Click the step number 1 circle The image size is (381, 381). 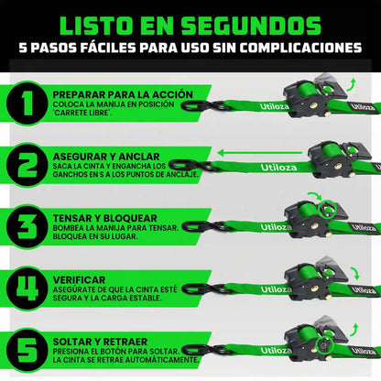tap(27, 103)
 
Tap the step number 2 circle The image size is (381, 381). tap(27, 165)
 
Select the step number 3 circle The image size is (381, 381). tap(27, 227)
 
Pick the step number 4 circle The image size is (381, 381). tap(27, 288)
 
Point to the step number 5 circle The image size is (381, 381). tap(27, 350)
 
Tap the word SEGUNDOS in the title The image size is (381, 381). tap(251, 26)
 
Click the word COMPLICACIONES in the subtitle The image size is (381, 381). tap(300, 48)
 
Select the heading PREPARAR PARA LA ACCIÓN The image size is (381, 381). tap(123, 94)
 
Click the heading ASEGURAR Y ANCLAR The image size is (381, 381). tap(106, 157)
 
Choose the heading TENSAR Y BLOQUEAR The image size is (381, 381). tap(104, 218)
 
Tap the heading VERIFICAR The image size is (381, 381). tap(79, 280)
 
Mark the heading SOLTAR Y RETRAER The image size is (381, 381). tap(100, 342)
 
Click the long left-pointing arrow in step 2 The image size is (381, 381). tap(259, 153)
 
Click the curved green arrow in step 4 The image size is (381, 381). tap(355, 273)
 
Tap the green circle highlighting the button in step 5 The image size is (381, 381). tap(324, 345)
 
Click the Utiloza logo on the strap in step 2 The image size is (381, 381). tap(278, 168)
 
